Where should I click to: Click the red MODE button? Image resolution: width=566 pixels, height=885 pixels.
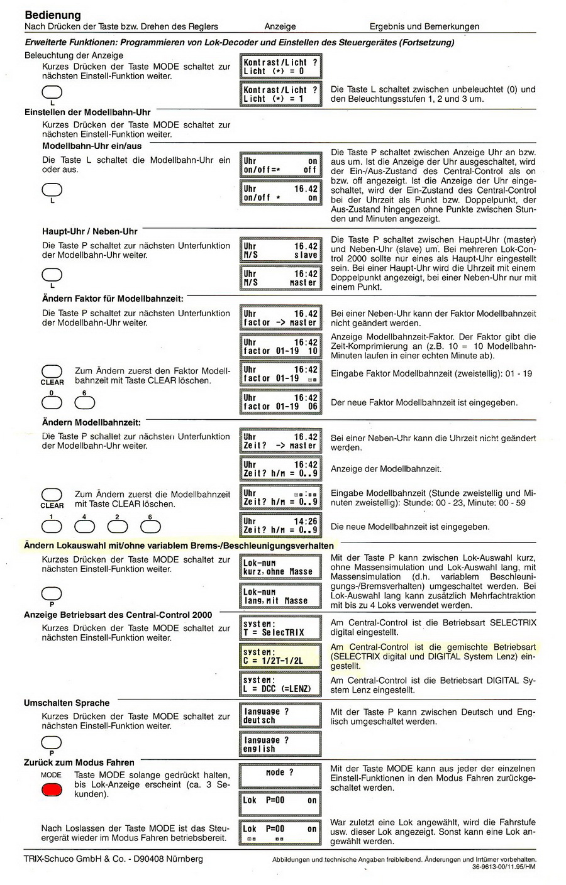[52, 789]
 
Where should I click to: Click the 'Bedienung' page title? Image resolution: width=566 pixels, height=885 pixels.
[53, 14]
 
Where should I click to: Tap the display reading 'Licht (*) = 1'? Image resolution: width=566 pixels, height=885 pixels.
[280, 94]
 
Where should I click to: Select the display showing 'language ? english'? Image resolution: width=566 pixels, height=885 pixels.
[280, 744]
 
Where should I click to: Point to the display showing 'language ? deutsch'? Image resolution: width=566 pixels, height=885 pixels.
[280, 716]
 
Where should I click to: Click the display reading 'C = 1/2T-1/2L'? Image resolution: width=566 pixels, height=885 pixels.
[280, 656]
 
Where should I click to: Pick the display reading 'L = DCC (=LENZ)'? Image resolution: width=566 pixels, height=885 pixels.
[280, 684]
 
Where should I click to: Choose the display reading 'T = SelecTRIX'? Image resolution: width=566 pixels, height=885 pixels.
[280, 628]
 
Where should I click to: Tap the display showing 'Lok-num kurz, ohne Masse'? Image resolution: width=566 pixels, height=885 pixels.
[280, 568]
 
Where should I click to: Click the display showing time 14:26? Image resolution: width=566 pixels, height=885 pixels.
[280, 525]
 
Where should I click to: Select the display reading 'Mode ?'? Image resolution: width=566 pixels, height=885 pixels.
[280, 773]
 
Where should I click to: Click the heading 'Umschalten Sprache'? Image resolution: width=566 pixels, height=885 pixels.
[67, 703]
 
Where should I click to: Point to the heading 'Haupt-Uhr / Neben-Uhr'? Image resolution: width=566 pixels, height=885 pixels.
[89, 231]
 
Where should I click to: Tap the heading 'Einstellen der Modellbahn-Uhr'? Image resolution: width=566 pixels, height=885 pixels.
[87, 112]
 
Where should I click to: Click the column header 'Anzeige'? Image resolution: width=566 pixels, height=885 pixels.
[280, 26]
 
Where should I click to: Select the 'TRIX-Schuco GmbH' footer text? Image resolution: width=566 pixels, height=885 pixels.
[113, 859]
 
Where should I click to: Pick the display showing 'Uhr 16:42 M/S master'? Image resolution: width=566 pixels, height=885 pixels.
[280, 278]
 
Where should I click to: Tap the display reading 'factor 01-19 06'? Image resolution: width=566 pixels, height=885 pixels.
[280, 402]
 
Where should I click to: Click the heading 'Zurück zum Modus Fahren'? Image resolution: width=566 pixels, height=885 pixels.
[79, 762]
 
